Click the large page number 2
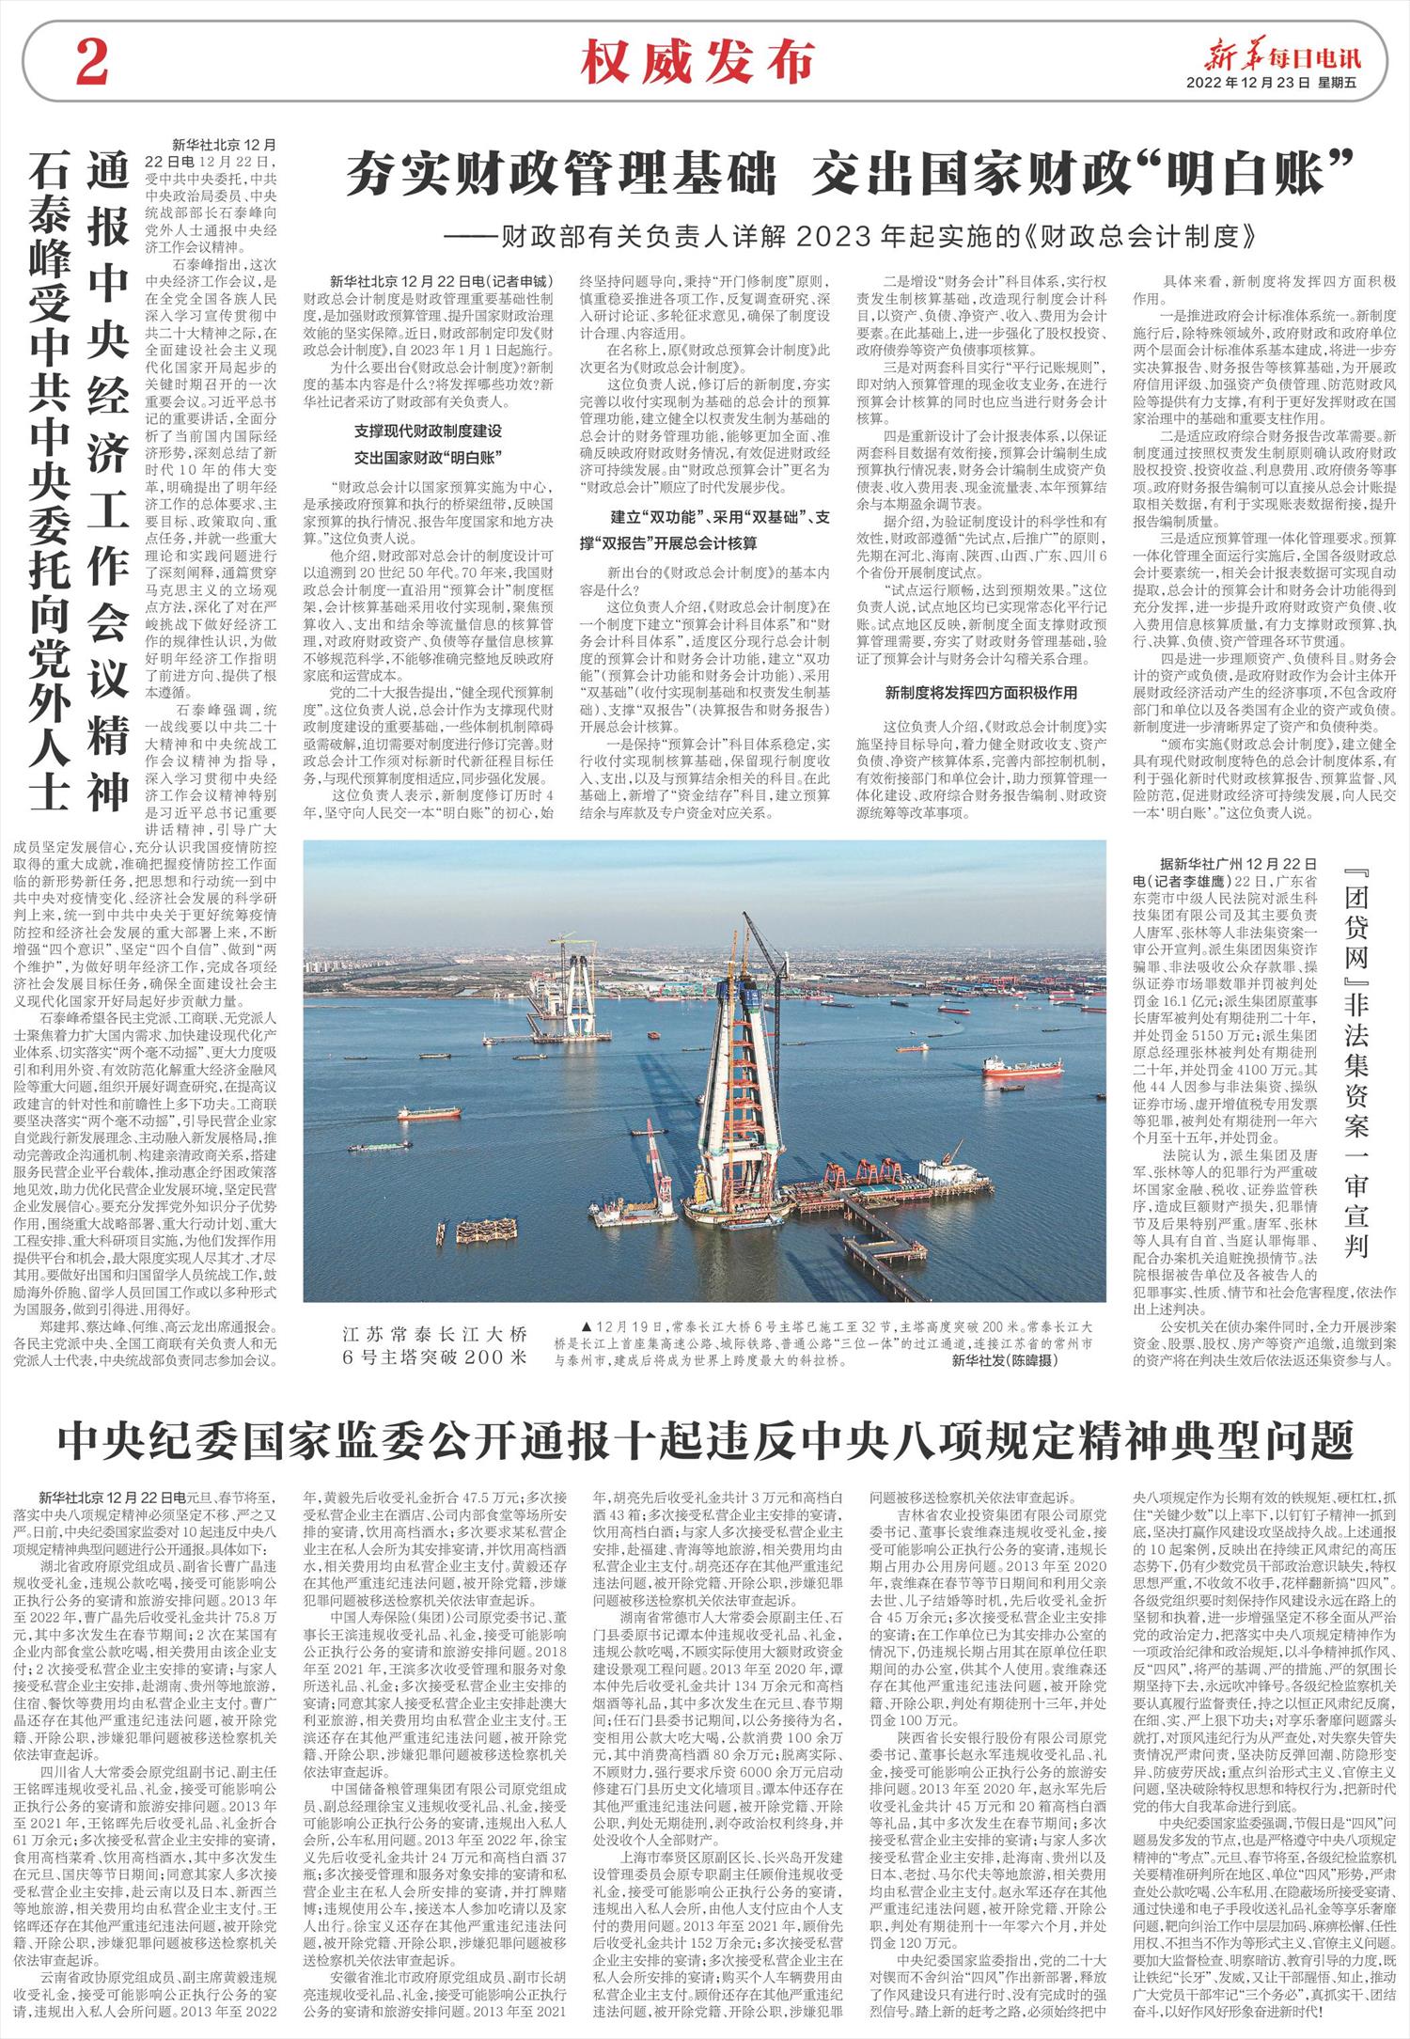[x=92, y=66]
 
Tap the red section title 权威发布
[x=697, y=64]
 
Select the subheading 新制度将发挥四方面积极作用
[x=981, y=693]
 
